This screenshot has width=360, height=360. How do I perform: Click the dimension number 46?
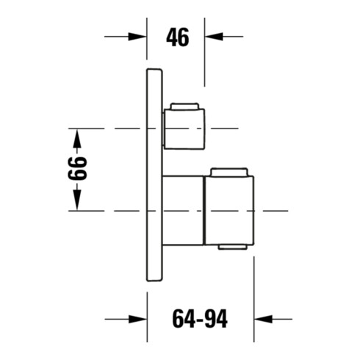tap(178, 37)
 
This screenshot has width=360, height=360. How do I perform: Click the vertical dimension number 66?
tap(77, 168)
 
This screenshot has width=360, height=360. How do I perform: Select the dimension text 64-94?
tap(200, 319)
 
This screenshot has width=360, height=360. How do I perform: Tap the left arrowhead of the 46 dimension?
tap(137, 37)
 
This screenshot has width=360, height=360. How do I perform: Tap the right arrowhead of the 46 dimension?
tap(214, 37)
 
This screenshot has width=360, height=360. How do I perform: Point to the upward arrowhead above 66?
tap(77, 139)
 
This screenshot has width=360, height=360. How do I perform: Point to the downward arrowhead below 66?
tap(77, 201)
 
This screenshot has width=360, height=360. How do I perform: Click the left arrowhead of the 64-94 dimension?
tap(137, 319)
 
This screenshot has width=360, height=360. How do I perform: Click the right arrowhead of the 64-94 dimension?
tap(263, 319)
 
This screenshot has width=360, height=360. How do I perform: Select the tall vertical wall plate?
tap(154, 175)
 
